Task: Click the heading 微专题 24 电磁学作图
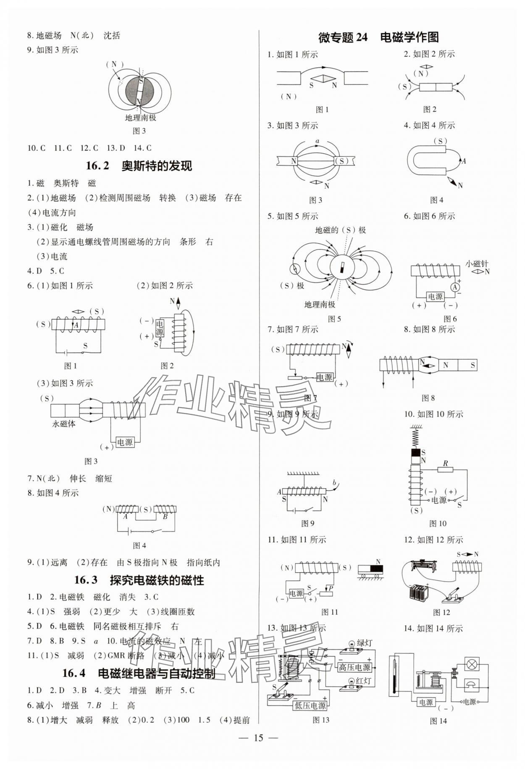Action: (x=378, y=37)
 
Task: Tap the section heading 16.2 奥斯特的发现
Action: (x=139, y=166)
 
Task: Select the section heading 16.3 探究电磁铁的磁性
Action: (x=139, y=580)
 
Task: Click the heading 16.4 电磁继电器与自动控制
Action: (x=139, y=673)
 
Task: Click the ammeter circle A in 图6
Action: (x=454, y=287)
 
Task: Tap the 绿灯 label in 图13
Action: (x=364, y=643)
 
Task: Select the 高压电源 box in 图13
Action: (x=354, y=667)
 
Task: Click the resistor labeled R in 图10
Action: (x=446, y=469)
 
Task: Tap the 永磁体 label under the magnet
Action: (x=64, y=424)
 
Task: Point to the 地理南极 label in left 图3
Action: (x=140, y=118)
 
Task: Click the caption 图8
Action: (x=428, y=398)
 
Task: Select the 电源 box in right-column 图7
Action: (x=324, y=377)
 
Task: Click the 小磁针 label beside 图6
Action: (x=477, y=264)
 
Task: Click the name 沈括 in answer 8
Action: (x=112, y=36)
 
